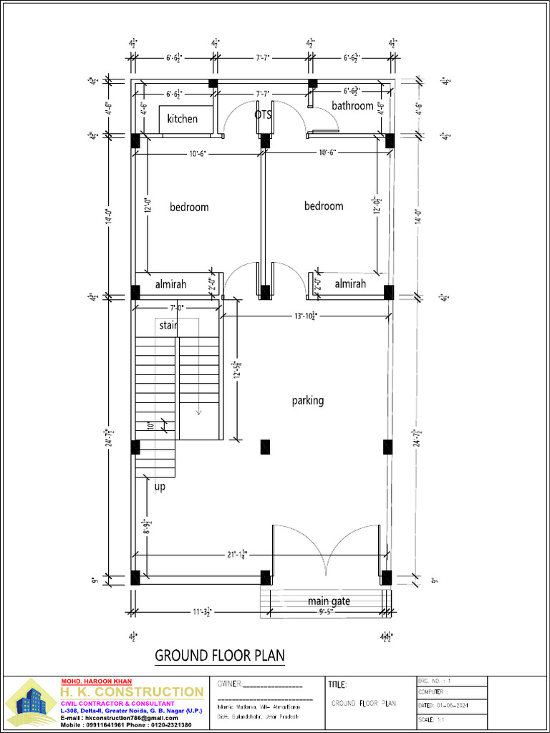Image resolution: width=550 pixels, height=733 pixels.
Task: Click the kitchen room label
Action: [x=183, y=119]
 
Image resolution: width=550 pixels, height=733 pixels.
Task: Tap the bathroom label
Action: [x=352, y=106]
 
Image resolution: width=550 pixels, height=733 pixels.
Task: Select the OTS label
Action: [x=263, y=115]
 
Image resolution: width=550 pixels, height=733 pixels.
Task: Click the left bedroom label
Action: [x=189, y=207]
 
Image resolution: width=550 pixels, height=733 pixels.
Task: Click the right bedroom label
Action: [x=324, y=206]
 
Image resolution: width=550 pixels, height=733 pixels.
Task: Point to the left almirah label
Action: [x=170, y=284]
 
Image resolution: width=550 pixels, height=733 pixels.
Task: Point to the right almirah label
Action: [x=350, y=284]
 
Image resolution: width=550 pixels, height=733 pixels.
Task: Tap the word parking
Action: [x=308, y=401]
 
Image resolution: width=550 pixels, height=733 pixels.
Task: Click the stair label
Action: [x=168, y=326]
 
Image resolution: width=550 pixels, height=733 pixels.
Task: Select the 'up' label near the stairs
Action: [x=160, y=487]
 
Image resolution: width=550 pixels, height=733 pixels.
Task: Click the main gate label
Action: [x=329, y=601]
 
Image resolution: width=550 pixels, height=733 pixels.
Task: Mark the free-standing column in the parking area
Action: [x=266, y=447]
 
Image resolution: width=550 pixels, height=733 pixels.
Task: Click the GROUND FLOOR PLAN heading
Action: [x=220, y=655]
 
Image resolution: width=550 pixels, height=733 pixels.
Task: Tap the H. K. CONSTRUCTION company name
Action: [x=131, y=691]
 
